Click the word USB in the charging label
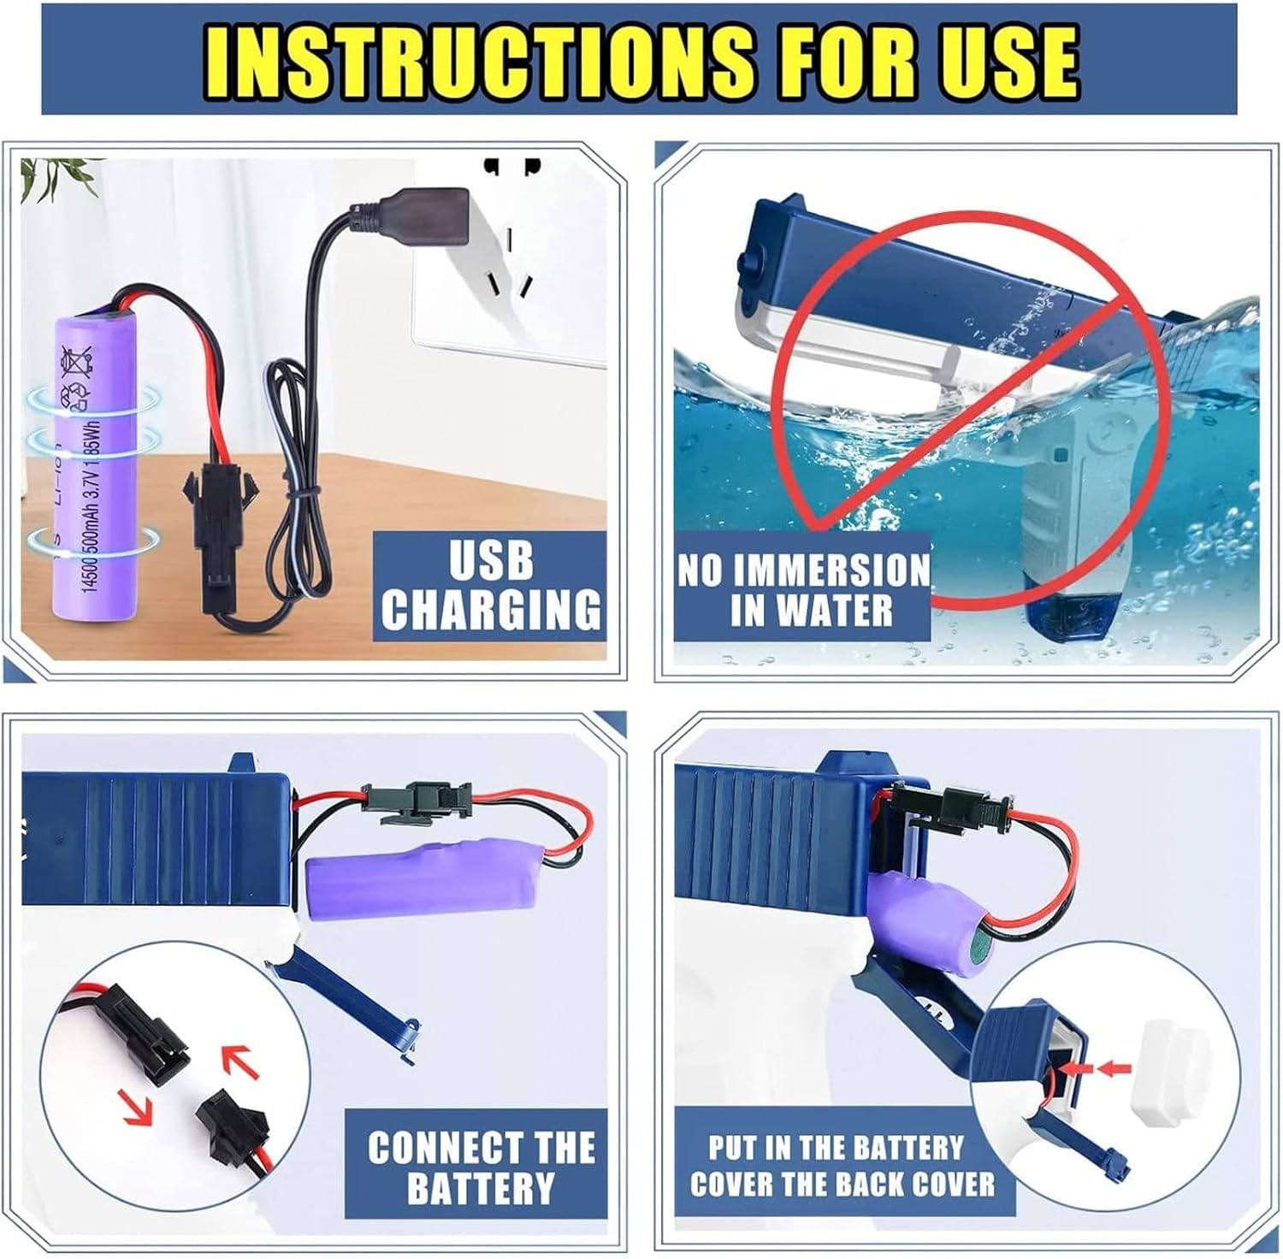(491, 561)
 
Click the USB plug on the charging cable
(417, 209)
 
